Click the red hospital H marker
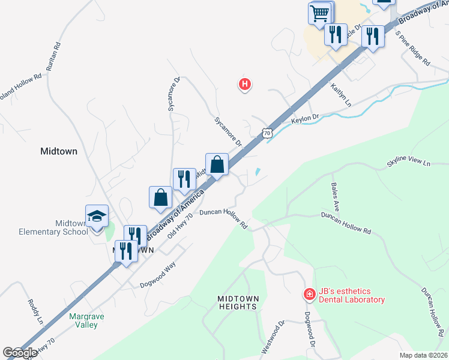tap(244, 85)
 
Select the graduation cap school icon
tap(96, 217)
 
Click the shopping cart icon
tap(321, 12)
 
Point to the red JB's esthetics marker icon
tap(309, 294)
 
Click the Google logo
tap(20, 353)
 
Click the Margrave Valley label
tap(83, 320)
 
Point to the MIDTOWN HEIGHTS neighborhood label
tap(238, 302)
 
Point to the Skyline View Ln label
tap(409, 163)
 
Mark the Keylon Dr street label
tap(303, 119)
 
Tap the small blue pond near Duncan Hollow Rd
tap(258, 172)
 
